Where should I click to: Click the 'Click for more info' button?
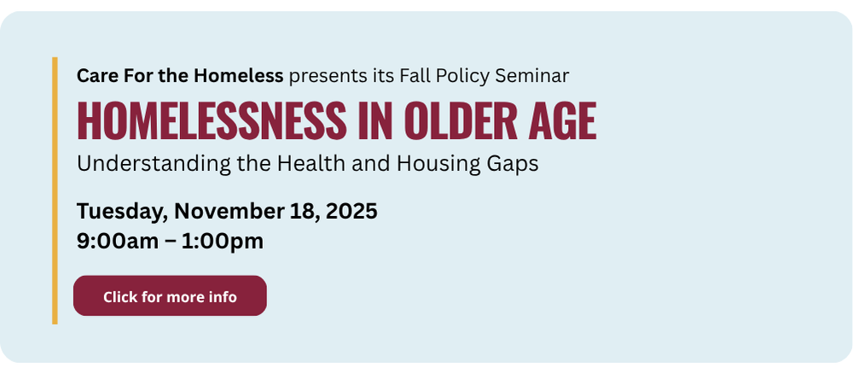[170, 295]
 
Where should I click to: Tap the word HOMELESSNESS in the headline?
[212, 120]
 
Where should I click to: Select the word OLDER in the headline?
[461, 120]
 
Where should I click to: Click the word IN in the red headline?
[374, 120]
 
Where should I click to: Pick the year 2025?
[351, 211]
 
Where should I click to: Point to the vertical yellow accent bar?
[55, 190]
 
